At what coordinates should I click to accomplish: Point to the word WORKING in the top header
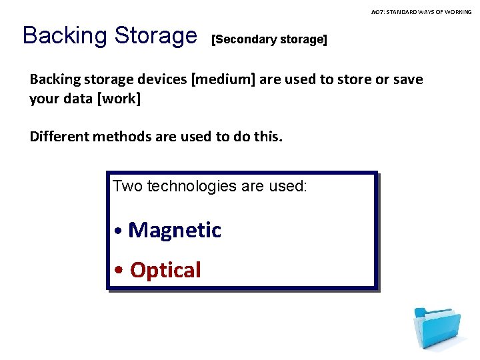[459, 12]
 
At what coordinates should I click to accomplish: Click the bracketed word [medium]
[223, 79]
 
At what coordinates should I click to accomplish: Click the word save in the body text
[409, 79]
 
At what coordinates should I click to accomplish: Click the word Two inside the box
[128, 186]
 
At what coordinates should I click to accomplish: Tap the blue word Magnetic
[175, 230]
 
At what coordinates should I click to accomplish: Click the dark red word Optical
[165, 270]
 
